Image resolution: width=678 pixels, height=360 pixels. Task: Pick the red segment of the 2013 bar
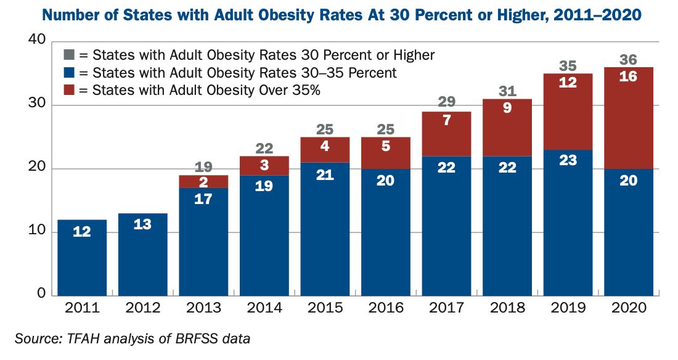click(x=203, y=181)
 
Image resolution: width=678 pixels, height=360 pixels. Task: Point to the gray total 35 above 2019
click(x=568, y=65)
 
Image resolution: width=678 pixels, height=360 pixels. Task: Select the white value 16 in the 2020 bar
click(x=628, y=77)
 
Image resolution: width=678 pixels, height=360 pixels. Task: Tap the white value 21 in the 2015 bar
click(x=325, y=175)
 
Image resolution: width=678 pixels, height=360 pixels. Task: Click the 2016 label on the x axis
click(x=385, y=308)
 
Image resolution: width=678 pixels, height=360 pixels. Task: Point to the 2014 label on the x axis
click(x=264, y=308)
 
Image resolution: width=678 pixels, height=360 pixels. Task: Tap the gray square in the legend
click(x=69, y=55)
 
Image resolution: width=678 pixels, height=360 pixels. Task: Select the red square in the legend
click(x=69, y=90)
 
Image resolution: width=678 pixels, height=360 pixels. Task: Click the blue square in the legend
click(x=69, y=73)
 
